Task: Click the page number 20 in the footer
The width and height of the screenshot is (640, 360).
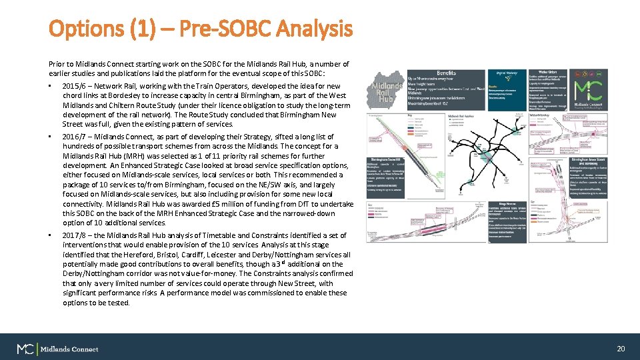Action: tap(621, 349)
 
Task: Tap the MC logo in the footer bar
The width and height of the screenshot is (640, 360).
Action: tap(26, 349)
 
